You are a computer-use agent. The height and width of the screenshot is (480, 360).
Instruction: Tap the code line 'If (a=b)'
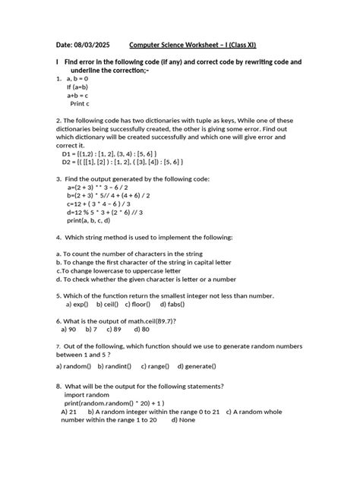coord(80,87)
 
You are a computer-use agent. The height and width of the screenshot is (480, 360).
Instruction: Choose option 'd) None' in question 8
coord(185,419)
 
